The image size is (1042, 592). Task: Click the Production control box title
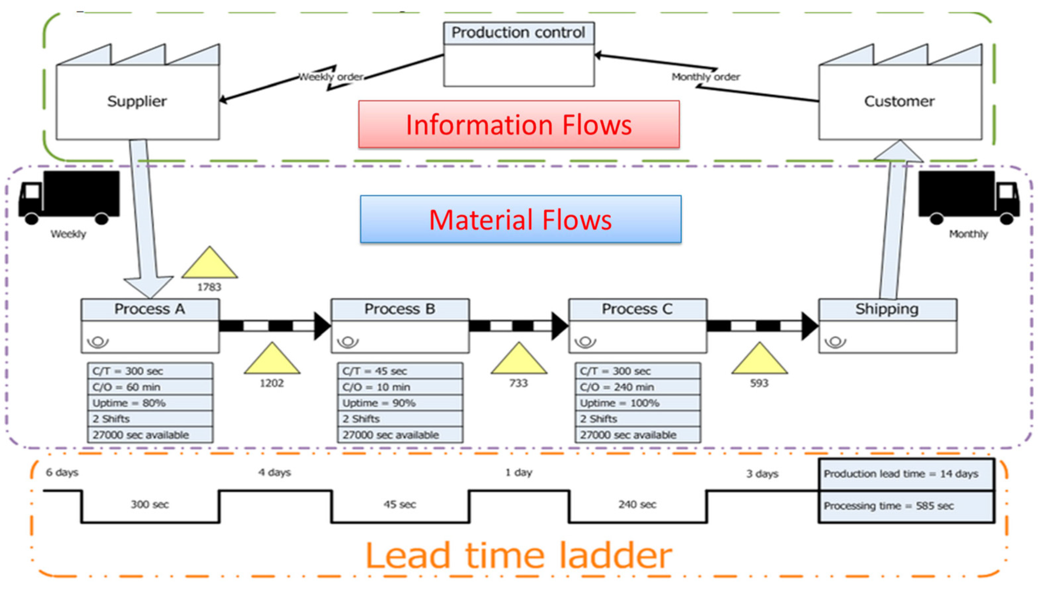pyautogui.click(x=518, y=32)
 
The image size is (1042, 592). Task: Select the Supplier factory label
pyautogui.click(x=137, y=101)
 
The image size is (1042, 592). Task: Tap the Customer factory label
pyautogui.click(x=899, y=101)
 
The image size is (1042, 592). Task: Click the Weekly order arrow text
pyautogui.click(x=331, y=77)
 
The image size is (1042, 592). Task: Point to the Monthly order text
pyautogui.click(x=705, y=77)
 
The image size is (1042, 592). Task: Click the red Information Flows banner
pyautogui.click(x=519, y=124)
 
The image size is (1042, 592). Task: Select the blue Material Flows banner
pyautogui.click(x=520, y=219)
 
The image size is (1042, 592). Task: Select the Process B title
pyautogui.click(x=400, y=309)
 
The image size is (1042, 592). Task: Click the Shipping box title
pyautogui.click(x=887, y=309)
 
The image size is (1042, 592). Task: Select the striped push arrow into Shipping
pyautogui.click(x=762, y=326)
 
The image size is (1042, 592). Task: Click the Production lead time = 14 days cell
pyautogui.click(x=906, y=474)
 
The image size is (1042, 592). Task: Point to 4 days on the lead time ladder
pyautogui.click(x=274, y=472)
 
